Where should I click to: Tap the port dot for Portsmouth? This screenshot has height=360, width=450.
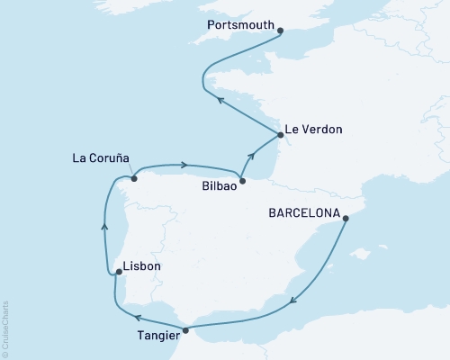(281, 31)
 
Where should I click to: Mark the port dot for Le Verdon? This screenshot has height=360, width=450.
(281, 135)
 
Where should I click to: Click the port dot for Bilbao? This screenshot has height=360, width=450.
(240, 177)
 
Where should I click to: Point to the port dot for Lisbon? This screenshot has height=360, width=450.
(119, 270)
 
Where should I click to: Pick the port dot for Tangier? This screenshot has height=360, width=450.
(186, 330)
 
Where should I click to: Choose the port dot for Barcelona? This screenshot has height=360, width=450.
(347, 216)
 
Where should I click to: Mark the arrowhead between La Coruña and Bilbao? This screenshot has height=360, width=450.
(184, 165)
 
